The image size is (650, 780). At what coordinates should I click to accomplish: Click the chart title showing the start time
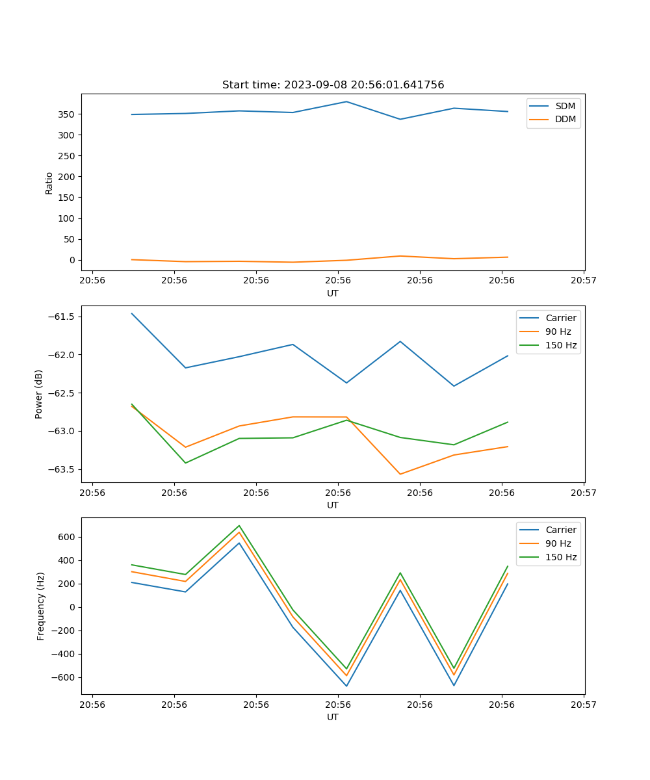333,85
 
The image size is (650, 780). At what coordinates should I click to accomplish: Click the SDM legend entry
565,106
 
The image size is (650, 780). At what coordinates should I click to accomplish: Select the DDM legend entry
565,119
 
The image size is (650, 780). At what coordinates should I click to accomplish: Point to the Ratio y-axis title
49,183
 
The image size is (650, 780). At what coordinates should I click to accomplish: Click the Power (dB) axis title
39,394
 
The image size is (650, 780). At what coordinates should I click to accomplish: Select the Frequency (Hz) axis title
40,606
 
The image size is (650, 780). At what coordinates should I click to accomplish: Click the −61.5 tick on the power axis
60,317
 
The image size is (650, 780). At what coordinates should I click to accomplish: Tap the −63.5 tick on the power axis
60,469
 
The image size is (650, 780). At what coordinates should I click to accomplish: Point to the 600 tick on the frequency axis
66,537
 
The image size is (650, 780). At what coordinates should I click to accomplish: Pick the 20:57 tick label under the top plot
584,281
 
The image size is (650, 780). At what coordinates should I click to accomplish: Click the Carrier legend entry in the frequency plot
560,530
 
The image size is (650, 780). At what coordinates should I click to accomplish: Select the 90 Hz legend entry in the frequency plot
560,543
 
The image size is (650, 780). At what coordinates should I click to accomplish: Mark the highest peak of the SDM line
346,101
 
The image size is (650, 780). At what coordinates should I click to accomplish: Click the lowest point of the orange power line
400,474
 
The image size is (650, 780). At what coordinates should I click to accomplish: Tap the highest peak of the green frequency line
239,525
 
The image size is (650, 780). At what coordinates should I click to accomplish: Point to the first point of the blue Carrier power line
132,313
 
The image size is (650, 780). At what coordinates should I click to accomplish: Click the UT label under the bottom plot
333,717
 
